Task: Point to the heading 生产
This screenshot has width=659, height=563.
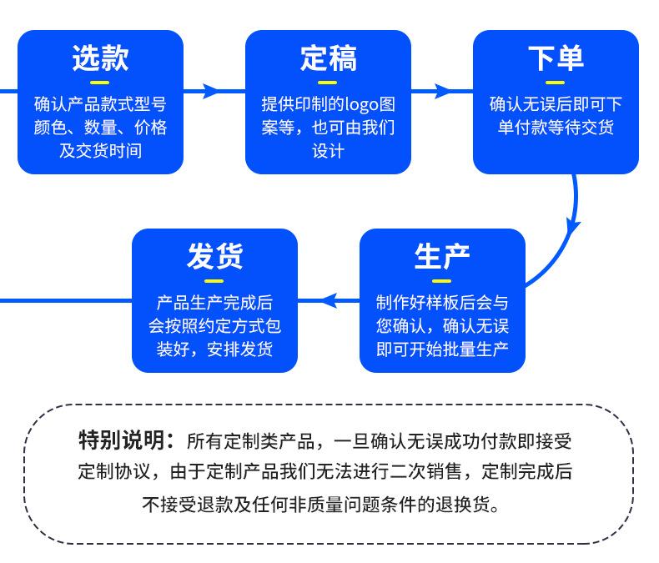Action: (x=442, y=257)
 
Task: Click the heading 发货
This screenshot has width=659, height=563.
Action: (x=214, y=257)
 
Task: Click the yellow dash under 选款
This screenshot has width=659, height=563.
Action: (x=100, y=82)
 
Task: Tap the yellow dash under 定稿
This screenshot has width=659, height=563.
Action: (x=328, y=82)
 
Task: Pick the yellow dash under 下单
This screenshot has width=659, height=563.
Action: (x=556, y=82)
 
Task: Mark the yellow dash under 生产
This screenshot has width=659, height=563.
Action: (x=442, y=280)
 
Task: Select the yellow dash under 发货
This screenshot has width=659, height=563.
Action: (x=214, y=280)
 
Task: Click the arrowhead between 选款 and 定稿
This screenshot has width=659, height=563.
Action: (x=210, y=90)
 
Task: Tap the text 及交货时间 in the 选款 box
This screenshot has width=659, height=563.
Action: (x=100, y=151)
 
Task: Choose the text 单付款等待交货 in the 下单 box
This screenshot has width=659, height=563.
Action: (x=556, y=128)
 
